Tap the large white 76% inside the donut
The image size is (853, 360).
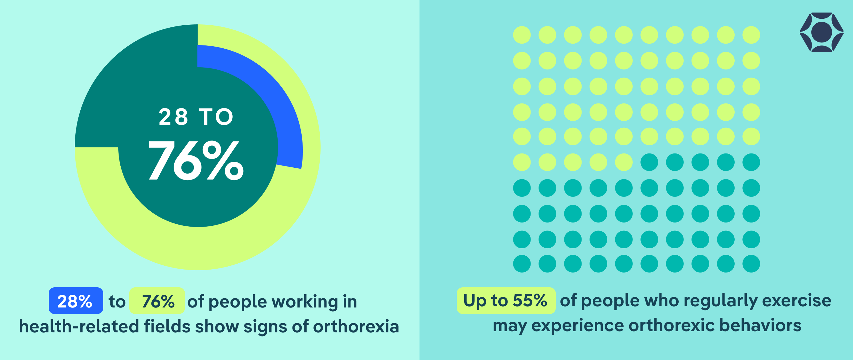(196, 160)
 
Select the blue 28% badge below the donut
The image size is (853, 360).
(76, 301)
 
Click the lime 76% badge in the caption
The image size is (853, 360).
(157, 301)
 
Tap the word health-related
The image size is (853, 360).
(79, 326)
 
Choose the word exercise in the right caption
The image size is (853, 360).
(797, 301)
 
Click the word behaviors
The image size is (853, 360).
(761, 325)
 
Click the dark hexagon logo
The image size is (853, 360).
(821, 32)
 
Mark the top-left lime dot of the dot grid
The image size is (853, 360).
(522, 35)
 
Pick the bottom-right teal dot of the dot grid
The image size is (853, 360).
(751, 264)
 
